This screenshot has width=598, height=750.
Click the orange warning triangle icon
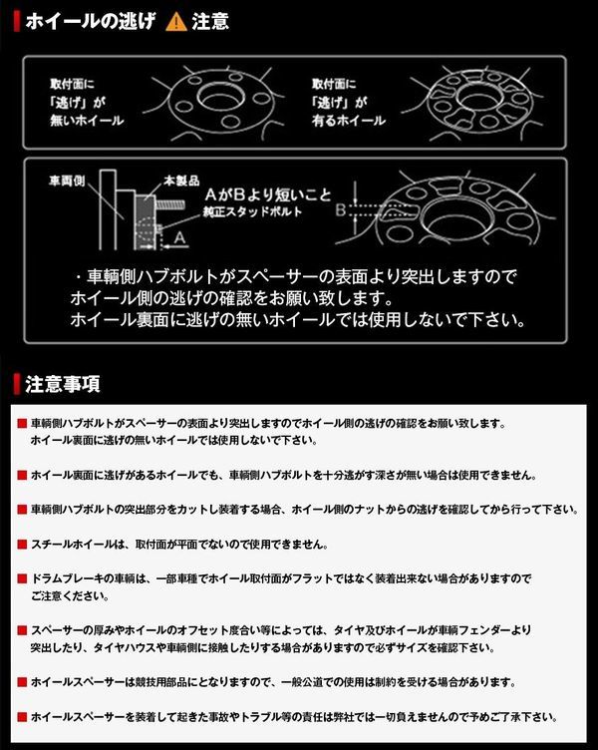coord(176,21)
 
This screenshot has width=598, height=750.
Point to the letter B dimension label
coord(341,211)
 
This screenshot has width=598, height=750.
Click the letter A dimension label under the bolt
coord(177,239)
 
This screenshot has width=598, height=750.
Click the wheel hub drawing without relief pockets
coord(218,100)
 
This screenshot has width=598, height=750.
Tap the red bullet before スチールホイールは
coord(22,545)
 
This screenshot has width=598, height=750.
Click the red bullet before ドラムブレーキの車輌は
coord(22,578)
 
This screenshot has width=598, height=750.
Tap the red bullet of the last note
coord(22,717)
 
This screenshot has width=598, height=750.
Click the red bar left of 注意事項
coord(17,384)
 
